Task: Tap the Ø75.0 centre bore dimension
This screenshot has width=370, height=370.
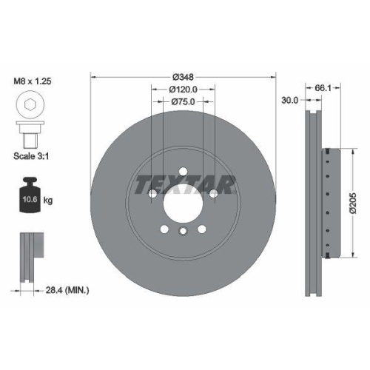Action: (x=182, y=102)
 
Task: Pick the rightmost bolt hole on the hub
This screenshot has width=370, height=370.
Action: (x=213, y=194)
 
